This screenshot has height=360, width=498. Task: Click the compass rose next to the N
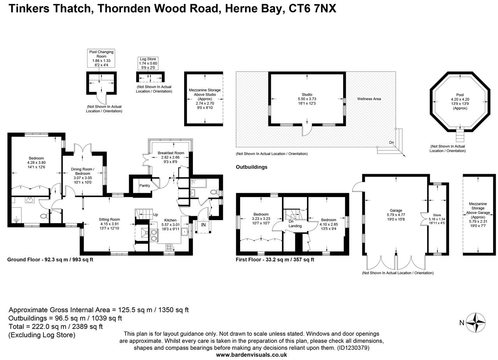click(476, 322)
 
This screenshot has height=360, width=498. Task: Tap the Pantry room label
click(145, 185)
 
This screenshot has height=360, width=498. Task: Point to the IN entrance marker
click(203, 225)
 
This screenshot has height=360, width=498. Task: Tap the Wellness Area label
click(369, 99)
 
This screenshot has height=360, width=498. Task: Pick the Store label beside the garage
click(437, 215)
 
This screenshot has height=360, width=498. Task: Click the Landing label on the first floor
click(295, 226)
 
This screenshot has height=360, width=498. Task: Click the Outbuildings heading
click(251, 167)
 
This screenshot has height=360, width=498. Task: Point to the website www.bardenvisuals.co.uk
click(251, 355)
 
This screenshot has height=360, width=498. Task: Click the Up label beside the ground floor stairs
click(156, 215)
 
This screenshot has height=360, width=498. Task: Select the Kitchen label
click(170, 220)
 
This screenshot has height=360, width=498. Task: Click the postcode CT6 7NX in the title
click(312, 8)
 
